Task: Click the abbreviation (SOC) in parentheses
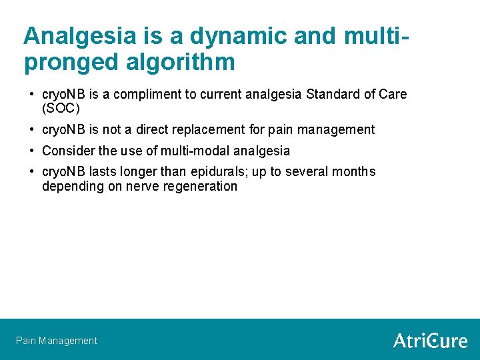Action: [61, 109]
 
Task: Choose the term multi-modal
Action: [195, 151]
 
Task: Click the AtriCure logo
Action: [430, 341]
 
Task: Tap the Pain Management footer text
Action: [57, 341]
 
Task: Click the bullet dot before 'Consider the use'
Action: [32, 151]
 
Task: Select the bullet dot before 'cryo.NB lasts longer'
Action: [32, 172]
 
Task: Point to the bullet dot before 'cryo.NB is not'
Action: [32, 129]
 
